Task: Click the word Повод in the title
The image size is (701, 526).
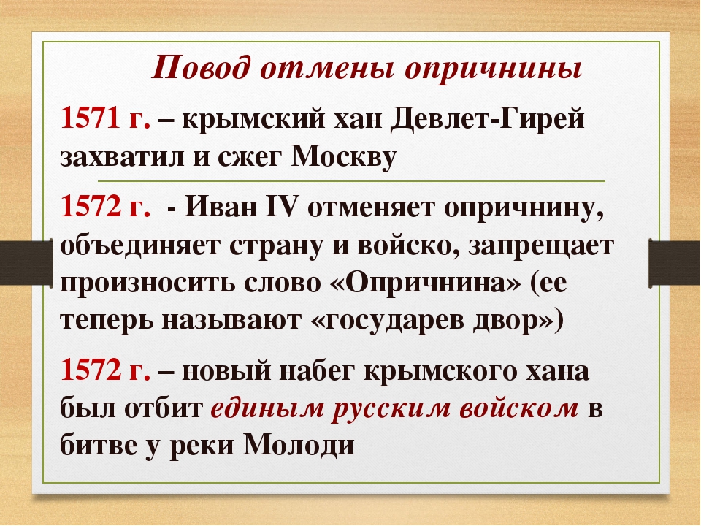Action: tap(202, 68)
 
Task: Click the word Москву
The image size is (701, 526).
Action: tap(344, 157)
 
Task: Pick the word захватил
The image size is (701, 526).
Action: tap(122, 158)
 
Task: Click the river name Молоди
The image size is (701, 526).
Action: tap(299, 445)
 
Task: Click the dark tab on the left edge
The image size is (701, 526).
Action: tap(26, 262)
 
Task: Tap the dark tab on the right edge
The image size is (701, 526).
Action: tap(675, 262)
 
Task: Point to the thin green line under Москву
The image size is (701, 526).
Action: tap(351, 181)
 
